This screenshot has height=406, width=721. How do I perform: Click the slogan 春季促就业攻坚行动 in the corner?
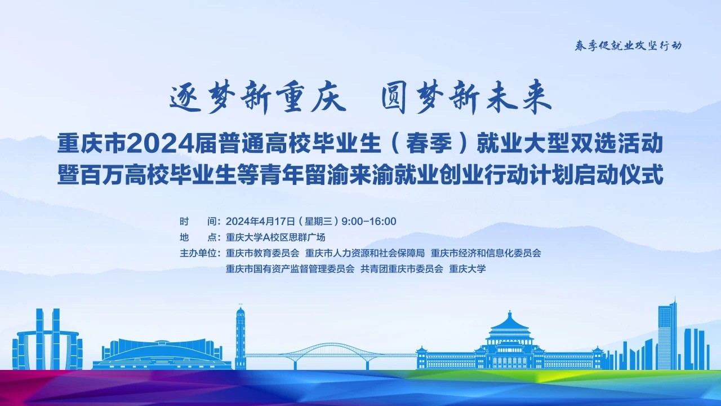[628, 46]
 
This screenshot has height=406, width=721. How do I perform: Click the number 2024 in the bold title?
[161, 144]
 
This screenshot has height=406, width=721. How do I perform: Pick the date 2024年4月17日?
[260, 222]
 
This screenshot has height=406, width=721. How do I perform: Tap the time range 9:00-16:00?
[369, 222]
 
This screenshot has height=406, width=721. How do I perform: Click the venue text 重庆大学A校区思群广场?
[275, 237]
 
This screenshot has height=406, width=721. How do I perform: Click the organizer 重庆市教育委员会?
[262, 253]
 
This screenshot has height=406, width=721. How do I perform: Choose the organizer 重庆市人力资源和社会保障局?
[365, 253]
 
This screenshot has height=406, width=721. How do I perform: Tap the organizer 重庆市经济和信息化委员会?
[486, 253]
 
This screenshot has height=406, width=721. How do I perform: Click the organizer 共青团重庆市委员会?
[402, 269]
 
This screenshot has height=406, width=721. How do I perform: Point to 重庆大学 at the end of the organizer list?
[468, 269]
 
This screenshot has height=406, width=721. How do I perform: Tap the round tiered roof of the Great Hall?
[510, 325]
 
